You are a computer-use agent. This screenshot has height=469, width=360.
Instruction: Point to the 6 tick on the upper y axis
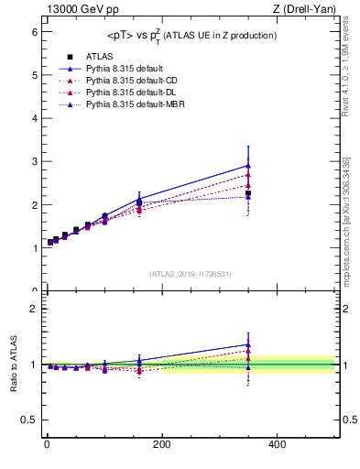[x=34, y=31]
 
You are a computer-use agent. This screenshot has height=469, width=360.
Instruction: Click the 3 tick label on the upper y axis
[x=34, y=161]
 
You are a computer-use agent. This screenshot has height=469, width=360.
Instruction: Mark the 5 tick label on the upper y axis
[x=34, y=74]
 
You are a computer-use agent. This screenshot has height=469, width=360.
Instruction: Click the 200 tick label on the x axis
[x=161, y=444]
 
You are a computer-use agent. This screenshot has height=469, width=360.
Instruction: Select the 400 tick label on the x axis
[x=277, y=444]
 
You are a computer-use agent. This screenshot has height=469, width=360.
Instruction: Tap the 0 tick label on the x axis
[x=47, y=444]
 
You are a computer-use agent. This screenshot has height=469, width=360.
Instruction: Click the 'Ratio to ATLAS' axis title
[x=12, y=365]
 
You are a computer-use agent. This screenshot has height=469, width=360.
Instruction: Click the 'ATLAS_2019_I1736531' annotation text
[x=190, y=274]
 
